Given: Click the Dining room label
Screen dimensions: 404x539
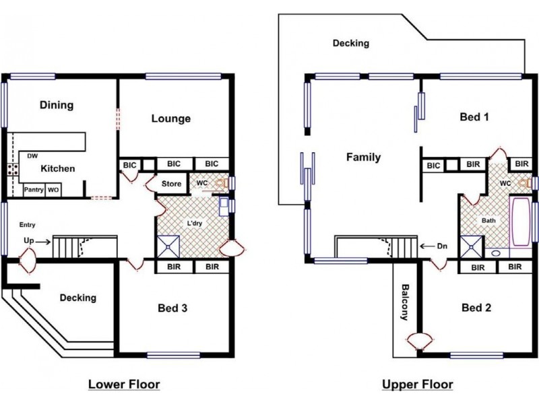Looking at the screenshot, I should coord(57,105).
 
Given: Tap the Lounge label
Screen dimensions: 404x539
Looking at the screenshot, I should coord(170,119).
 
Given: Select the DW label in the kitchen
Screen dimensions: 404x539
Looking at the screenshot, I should coord(32,156).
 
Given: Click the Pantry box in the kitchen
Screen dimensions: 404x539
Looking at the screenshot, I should coord(34,190).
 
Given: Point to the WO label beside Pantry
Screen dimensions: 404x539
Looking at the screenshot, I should coord(53,190).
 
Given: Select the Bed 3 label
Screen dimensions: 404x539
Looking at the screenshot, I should coord(172,308).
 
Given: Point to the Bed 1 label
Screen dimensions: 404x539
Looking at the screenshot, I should coord(474,117).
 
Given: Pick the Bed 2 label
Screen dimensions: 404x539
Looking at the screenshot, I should coord(476,308).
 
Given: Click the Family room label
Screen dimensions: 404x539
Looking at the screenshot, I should coord(363,158).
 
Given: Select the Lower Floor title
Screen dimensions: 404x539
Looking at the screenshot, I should coord(124,384).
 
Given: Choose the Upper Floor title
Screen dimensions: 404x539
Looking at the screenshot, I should coord(418,384).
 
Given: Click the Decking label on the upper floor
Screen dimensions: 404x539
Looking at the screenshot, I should coord(351,44).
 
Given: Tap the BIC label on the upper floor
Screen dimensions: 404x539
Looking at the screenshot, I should coord(433,165).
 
